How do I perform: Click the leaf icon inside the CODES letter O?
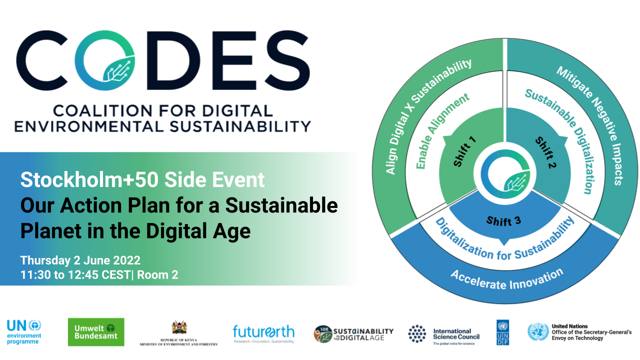click(118, 69)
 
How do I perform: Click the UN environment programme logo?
click(24, 332)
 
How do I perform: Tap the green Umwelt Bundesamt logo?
click(96, 332)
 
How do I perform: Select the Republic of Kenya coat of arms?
click(179, 327)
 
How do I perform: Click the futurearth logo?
click(263, 333)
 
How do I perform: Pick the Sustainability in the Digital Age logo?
click(353, 334)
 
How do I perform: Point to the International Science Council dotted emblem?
click(417, 333)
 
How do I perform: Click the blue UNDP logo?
click(502, 332)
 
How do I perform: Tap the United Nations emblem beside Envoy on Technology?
click(538, 332)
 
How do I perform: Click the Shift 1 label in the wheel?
click(465, 151)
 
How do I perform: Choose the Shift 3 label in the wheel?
click(503, 221)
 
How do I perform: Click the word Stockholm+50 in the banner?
click(89, 179)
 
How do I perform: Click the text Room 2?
click(157, 275)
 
